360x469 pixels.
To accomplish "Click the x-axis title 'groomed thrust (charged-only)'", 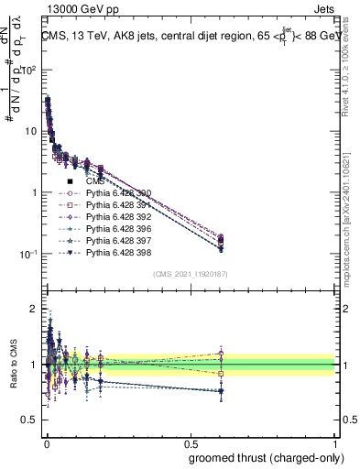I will coord(261,457).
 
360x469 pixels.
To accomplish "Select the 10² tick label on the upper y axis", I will coord(30,70).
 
